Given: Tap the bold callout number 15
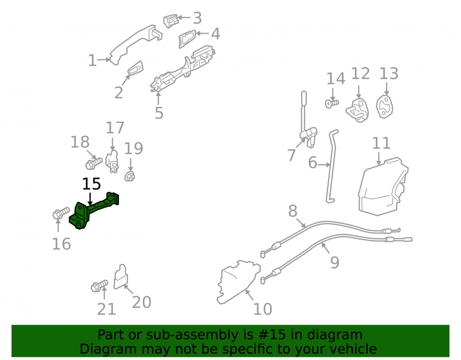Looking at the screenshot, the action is pos(91,184).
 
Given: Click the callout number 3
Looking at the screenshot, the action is pos(197,18).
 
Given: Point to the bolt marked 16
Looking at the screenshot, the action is pos(61,213).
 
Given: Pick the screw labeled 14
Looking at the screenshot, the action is pos(332,103).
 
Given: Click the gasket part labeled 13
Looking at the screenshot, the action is pos(384,107).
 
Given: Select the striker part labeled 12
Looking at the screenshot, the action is pos(357,110).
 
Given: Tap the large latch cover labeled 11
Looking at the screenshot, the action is pos(383,186).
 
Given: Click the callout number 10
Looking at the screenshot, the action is pos(263,309).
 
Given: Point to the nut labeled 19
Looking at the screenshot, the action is pos(130,177).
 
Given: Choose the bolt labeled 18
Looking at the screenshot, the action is pos(94,163).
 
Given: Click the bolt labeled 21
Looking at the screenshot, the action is pos(100,286).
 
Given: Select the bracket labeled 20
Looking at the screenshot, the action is pos(120,277).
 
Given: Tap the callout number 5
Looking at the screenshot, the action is pos(159,113).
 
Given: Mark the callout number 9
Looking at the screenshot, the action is pos(335,262).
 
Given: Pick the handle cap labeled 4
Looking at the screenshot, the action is pos(187,39).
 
